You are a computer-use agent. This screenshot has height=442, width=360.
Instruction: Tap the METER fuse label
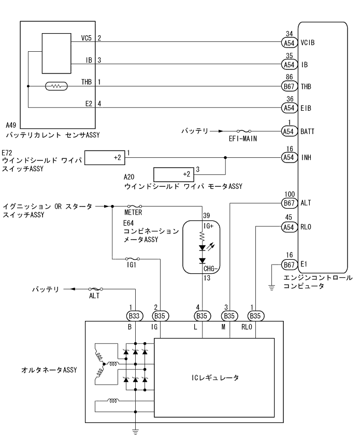[x=134, y=212]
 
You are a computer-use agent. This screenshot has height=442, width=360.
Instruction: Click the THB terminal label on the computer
[x=307, y=86]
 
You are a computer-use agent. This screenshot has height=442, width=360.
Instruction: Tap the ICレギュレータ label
[x=213, y=378]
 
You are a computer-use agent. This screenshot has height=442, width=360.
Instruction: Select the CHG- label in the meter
[x=209, y=269]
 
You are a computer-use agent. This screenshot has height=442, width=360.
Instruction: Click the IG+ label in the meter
[x=209, y=226]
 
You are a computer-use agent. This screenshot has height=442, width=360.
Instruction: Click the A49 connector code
[x=11, y=125]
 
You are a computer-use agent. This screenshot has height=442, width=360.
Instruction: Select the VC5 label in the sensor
[x=87, y=38]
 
